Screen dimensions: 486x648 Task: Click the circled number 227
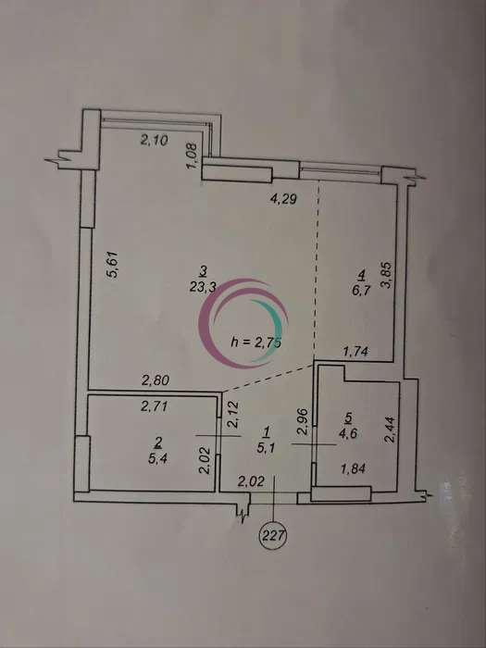point(272,536)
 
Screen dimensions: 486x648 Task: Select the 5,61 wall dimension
point(114,265)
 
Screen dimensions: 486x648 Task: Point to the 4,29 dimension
point(284,200)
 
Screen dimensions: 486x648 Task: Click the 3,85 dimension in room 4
point(390,276)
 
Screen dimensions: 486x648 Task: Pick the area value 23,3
point(203,288)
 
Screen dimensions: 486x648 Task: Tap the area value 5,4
point(158,459)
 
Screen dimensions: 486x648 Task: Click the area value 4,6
point(348,433)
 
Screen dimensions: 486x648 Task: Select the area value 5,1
point(266,448)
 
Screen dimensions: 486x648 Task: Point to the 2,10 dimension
point(155,141)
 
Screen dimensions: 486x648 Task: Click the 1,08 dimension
point(193,156)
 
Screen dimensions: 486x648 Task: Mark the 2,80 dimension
point(156,380)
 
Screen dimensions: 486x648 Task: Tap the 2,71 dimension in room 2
point(155,406)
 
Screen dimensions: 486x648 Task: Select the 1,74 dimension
point(356,352)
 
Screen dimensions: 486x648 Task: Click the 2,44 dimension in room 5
point(390,430)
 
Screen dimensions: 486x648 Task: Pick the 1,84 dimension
point(353,468)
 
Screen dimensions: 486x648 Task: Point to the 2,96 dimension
point(303,421)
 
